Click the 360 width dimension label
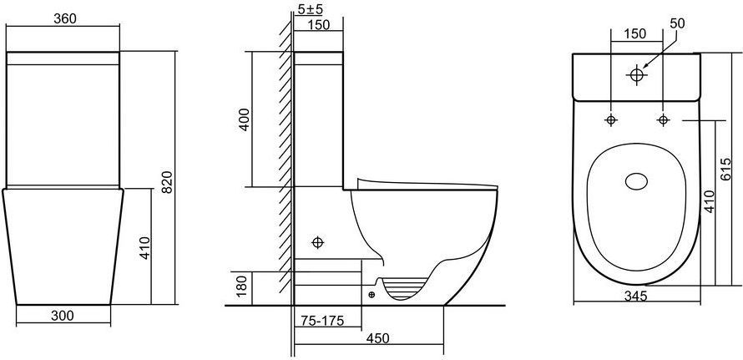tap(65, 18)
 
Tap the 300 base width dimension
tap(63, 316)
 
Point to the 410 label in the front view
tap(144, 247)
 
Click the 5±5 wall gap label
tap(311, 9)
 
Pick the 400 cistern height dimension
tap(243, 119)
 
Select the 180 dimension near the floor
tap(241, 288)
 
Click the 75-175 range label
tap(322, 321)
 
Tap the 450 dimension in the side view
tap(377, 338)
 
